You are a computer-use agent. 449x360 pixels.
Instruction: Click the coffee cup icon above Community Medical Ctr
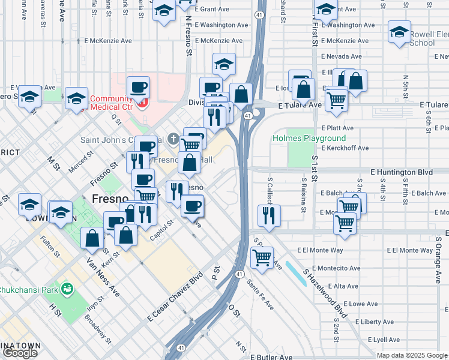coord(138,87)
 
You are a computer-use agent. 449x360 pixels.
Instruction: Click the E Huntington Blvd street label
coord(402,172)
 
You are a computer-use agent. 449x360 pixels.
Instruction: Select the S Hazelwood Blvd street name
coord(325,293)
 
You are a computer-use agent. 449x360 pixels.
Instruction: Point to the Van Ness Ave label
coord(103,278)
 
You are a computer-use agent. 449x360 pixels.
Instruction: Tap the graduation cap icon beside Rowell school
coord(399,32)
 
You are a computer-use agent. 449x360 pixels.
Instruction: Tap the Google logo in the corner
coord(19,353)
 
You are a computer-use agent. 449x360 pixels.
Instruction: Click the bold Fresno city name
coord(110,199)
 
